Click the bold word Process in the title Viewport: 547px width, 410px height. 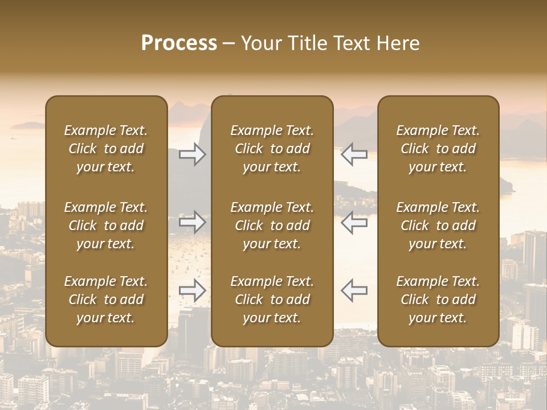click(179, 43)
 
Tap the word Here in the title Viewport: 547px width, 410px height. click(398, 43)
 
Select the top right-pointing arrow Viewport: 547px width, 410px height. click(192, 154)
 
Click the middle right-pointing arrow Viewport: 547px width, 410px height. click(192, 222)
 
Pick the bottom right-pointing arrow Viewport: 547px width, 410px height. click(192, 290)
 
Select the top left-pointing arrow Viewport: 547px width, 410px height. click(354, 154)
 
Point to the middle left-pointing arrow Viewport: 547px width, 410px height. click(354, 222)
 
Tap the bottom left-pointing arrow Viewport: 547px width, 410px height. click(354, 290)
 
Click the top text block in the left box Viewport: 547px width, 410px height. click(106, 149)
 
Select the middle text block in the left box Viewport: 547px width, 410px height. click(106, 225)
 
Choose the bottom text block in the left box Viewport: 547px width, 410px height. click(106, 300)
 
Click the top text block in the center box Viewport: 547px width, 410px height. click(272, 149)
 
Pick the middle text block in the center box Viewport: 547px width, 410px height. click(272, 225)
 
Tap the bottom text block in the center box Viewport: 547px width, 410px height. click(272, 300)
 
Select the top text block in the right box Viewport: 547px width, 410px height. click(438, 149)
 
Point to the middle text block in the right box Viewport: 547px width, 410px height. click(438, 225)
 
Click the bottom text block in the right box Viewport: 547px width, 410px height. click(438, 300)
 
